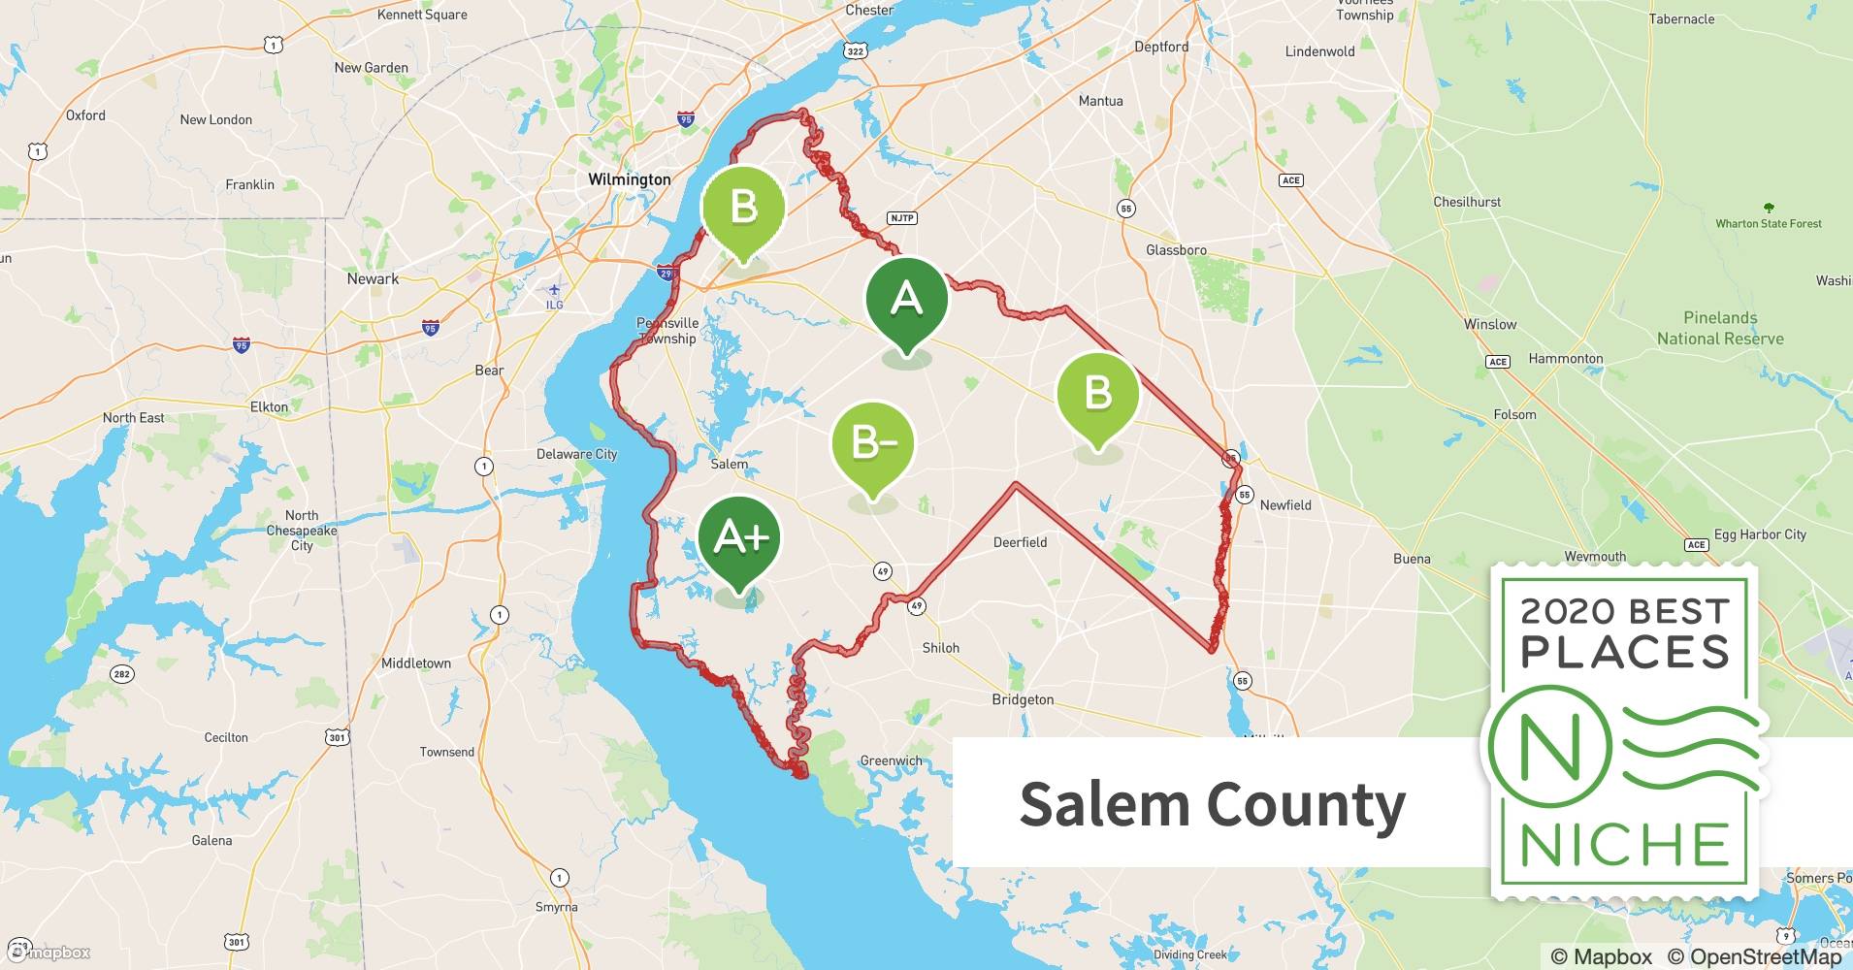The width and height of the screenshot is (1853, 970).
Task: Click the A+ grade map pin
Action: (740, 538)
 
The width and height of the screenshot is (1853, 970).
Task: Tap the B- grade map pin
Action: (873, 443)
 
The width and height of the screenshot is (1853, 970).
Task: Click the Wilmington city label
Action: (630, 179)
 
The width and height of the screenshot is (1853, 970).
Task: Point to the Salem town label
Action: (729, 464)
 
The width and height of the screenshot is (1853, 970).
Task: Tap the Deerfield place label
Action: (1020, 542)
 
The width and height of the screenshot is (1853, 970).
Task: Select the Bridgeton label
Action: (1023, 699)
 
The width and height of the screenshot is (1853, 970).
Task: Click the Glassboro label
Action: (1176, 250)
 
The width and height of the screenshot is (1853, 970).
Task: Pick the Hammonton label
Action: (1565, 359)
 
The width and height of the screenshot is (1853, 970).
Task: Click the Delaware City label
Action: (576, 454)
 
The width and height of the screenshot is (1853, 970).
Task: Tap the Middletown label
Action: (416, 663)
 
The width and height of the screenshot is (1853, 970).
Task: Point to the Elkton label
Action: (269, 407)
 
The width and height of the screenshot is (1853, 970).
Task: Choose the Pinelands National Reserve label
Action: (1720, 328)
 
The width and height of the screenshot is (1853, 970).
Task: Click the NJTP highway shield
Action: (902, 217)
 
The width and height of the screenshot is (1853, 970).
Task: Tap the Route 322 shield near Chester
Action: (855, 50)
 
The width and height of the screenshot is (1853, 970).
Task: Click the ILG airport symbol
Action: (554, 290)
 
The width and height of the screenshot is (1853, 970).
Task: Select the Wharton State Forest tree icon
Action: (1769, 208)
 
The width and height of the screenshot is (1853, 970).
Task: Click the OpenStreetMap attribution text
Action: (1766, 956)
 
